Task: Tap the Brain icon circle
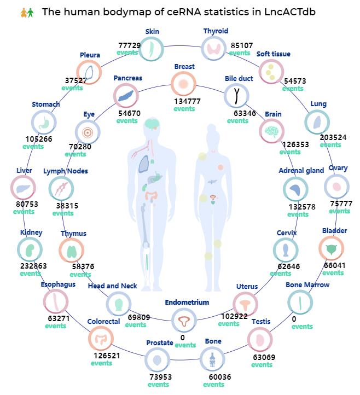click(x=272, y=131)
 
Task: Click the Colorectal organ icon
click(x=101, y=339)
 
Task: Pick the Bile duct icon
click(x=237, y=96)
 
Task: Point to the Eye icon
click(x=88, y=132)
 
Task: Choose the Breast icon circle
click(x=183, y=84)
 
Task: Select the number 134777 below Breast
click(x=184, y=101)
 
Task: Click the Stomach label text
click(x=46, y=104)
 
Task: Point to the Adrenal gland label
click(x=301, y=171)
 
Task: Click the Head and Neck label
click(x=113, y=286)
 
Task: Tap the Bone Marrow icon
click(x=299, y=302)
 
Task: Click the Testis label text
click(x=261, y=321)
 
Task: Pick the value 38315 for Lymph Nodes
click(x=67, y=206)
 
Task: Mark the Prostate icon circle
click(x=158, y=361)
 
